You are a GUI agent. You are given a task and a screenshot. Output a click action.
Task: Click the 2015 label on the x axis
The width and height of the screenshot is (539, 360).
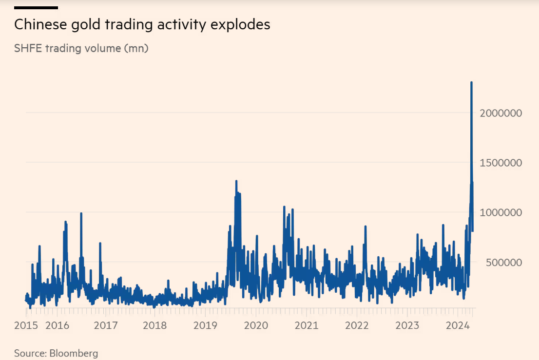click(26, 325)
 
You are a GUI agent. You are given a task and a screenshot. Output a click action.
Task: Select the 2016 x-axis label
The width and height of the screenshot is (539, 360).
click(58, 325)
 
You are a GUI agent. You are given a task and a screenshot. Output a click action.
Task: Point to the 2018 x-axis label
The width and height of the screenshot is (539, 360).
click(155, 325)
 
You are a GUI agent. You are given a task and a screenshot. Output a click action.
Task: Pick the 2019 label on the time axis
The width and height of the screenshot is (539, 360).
click(206, 325)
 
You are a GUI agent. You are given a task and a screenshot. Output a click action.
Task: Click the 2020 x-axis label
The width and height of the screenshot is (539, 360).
click(256, 325)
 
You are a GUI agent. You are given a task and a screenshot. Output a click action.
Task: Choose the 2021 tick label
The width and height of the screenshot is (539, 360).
click(307, 325)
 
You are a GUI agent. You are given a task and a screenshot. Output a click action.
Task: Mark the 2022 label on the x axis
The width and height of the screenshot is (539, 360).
click(357, 325)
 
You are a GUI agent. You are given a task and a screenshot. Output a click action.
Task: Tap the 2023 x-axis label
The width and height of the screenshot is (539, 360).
click(407, 325)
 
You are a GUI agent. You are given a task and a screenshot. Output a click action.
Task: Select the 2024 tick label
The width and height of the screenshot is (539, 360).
click(458, 325)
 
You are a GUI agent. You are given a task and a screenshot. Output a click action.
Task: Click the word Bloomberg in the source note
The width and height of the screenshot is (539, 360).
click(74, 353)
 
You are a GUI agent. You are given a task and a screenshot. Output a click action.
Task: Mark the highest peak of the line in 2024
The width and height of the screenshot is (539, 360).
click(471, 82)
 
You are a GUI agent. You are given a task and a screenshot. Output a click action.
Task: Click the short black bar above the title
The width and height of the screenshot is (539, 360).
click(36, 8)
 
